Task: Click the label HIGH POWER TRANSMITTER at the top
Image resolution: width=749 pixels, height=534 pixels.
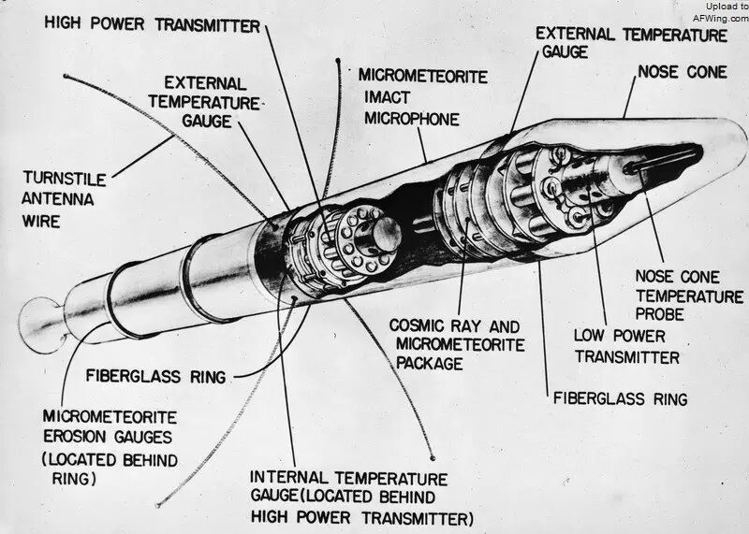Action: point(152,26)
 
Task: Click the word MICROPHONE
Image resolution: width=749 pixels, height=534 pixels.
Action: point(411,119)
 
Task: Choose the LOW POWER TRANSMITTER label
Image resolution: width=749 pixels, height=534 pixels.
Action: point(626,345)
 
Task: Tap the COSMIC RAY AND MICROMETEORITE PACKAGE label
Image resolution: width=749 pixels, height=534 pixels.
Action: point(453,343)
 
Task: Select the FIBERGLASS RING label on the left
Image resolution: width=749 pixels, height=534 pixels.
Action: point(155,377)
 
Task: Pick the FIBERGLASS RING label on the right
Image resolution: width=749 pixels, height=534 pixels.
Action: point(620,398)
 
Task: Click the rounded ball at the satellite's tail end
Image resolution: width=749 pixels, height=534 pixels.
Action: point(40,317)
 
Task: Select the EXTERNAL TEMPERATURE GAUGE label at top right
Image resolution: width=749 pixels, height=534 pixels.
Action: point(631,43)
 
